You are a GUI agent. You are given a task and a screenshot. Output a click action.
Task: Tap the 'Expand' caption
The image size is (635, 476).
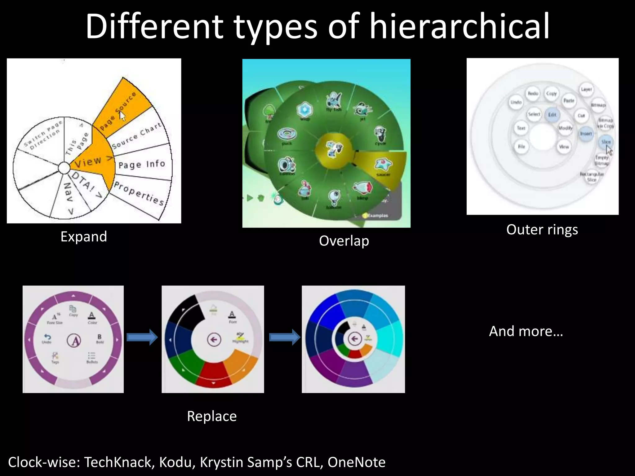click(x=84, y=237)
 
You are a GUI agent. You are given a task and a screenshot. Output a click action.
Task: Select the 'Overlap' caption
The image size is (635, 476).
click(x=344, y=241)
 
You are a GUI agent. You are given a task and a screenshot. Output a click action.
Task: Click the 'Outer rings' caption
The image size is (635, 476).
click(x=542, y=230)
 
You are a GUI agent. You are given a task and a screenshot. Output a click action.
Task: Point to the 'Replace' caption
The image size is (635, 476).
click(x=212, y=416)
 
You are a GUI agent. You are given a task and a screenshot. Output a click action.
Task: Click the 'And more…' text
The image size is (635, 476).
click(x=526, y=331)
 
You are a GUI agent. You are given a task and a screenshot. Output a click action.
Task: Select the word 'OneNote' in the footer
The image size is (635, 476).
click(x=356, y=462)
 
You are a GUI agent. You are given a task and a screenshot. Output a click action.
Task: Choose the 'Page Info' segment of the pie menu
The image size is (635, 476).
click(x=142, y=164)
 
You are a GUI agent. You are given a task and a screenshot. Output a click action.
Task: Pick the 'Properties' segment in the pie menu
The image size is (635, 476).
click(x=139, y=194)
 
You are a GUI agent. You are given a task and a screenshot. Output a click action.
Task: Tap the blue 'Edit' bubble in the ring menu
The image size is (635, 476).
click(x=552, y=115)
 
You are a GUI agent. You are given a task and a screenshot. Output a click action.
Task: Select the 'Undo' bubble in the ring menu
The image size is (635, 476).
click(x=516, y=102)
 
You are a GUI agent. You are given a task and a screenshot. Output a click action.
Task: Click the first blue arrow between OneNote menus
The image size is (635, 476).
click(x=142, y=337)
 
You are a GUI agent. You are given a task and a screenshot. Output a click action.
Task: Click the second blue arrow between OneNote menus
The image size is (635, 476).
click(x=285, y=337)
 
